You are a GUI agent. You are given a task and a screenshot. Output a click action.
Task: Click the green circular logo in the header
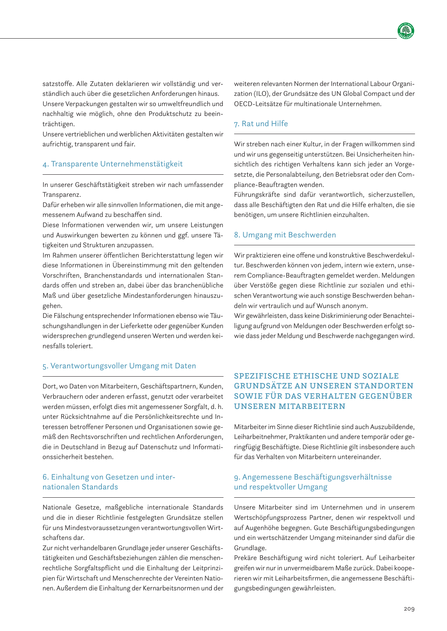[x=406, y=31]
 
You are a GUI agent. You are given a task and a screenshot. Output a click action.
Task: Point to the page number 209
[x=409, y=609]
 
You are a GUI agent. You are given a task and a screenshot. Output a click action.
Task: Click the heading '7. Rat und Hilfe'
[x=261, y=124]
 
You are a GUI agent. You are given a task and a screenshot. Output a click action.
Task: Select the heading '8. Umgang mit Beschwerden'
[x=285, y=235]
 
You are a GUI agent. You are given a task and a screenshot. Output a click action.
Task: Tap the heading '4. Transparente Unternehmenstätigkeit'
[x=113, y=164]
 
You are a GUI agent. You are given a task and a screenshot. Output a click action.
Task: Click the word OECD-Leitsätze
[x=255, y=104]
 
